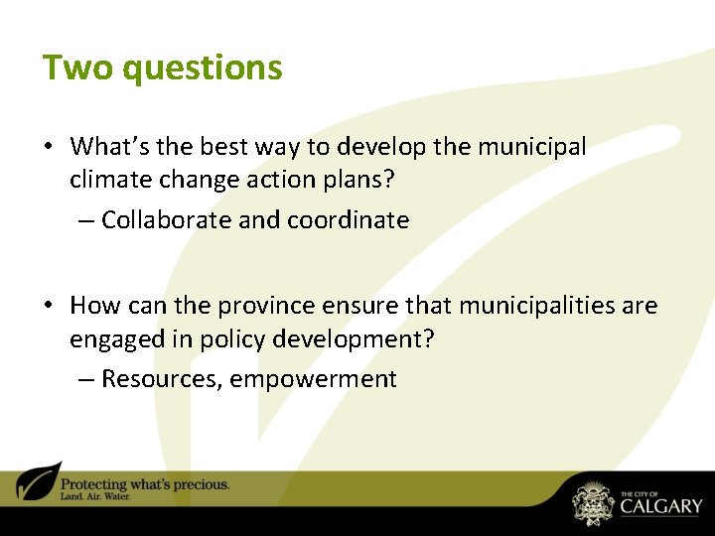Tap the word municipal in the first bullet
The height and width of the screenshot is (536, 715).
[x=532, y=147]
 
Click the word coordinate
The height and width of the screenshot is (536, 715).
[x=348, y=220]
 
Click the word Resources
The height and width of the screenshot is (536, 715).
[x=160, y=379]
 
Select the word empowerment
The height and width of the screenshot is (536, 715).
[x=314, y=379]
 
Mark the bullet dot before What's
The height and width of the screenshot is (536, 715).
[x=49, y=148]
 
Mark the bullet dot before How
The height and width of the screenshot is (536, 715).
[x=49, y=307]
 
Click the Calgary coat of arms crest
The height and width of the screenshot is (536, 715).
[x=593, y=503]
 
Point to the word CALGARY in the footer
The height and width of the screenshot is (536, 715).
[x=661, y=506]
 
